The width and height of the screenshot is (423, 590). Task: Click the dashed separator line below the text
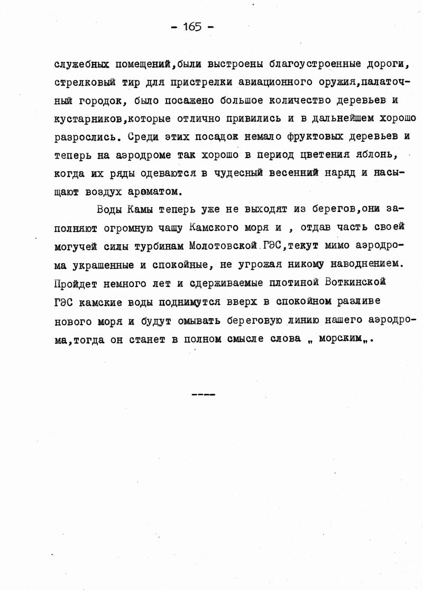[203, 394]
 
